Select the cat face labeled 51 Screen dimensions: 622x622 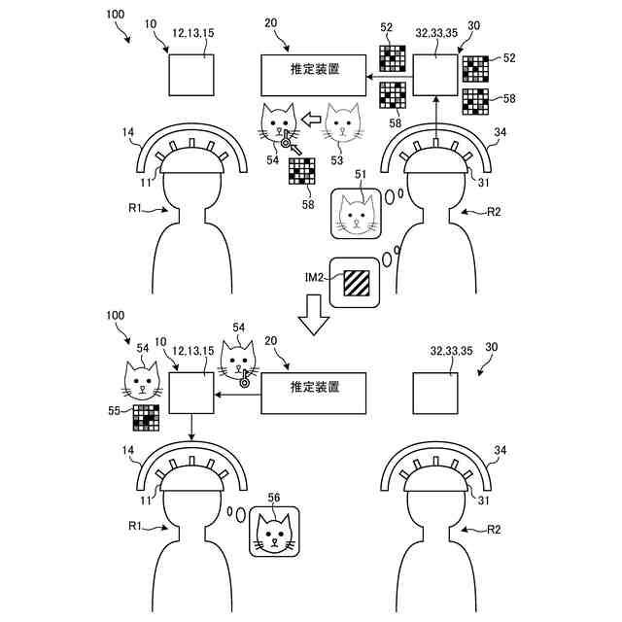point(358,212)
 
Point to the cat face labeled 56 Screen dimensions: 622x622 point(275,531)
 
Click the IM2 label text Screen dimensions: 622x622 point(316,279)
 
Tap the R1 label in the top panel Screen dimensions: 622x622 point(137,208)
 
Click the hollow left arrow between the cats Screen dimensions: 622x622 point(308,121)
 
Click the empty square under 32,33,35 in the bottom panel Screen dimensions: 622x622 point(436,394)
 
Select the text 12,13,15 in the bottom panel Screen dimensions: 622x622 point(192,349)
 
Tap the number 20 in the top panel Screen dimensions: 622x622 point(270,23)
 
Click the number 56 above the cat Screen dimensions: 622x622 point(275,498)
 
